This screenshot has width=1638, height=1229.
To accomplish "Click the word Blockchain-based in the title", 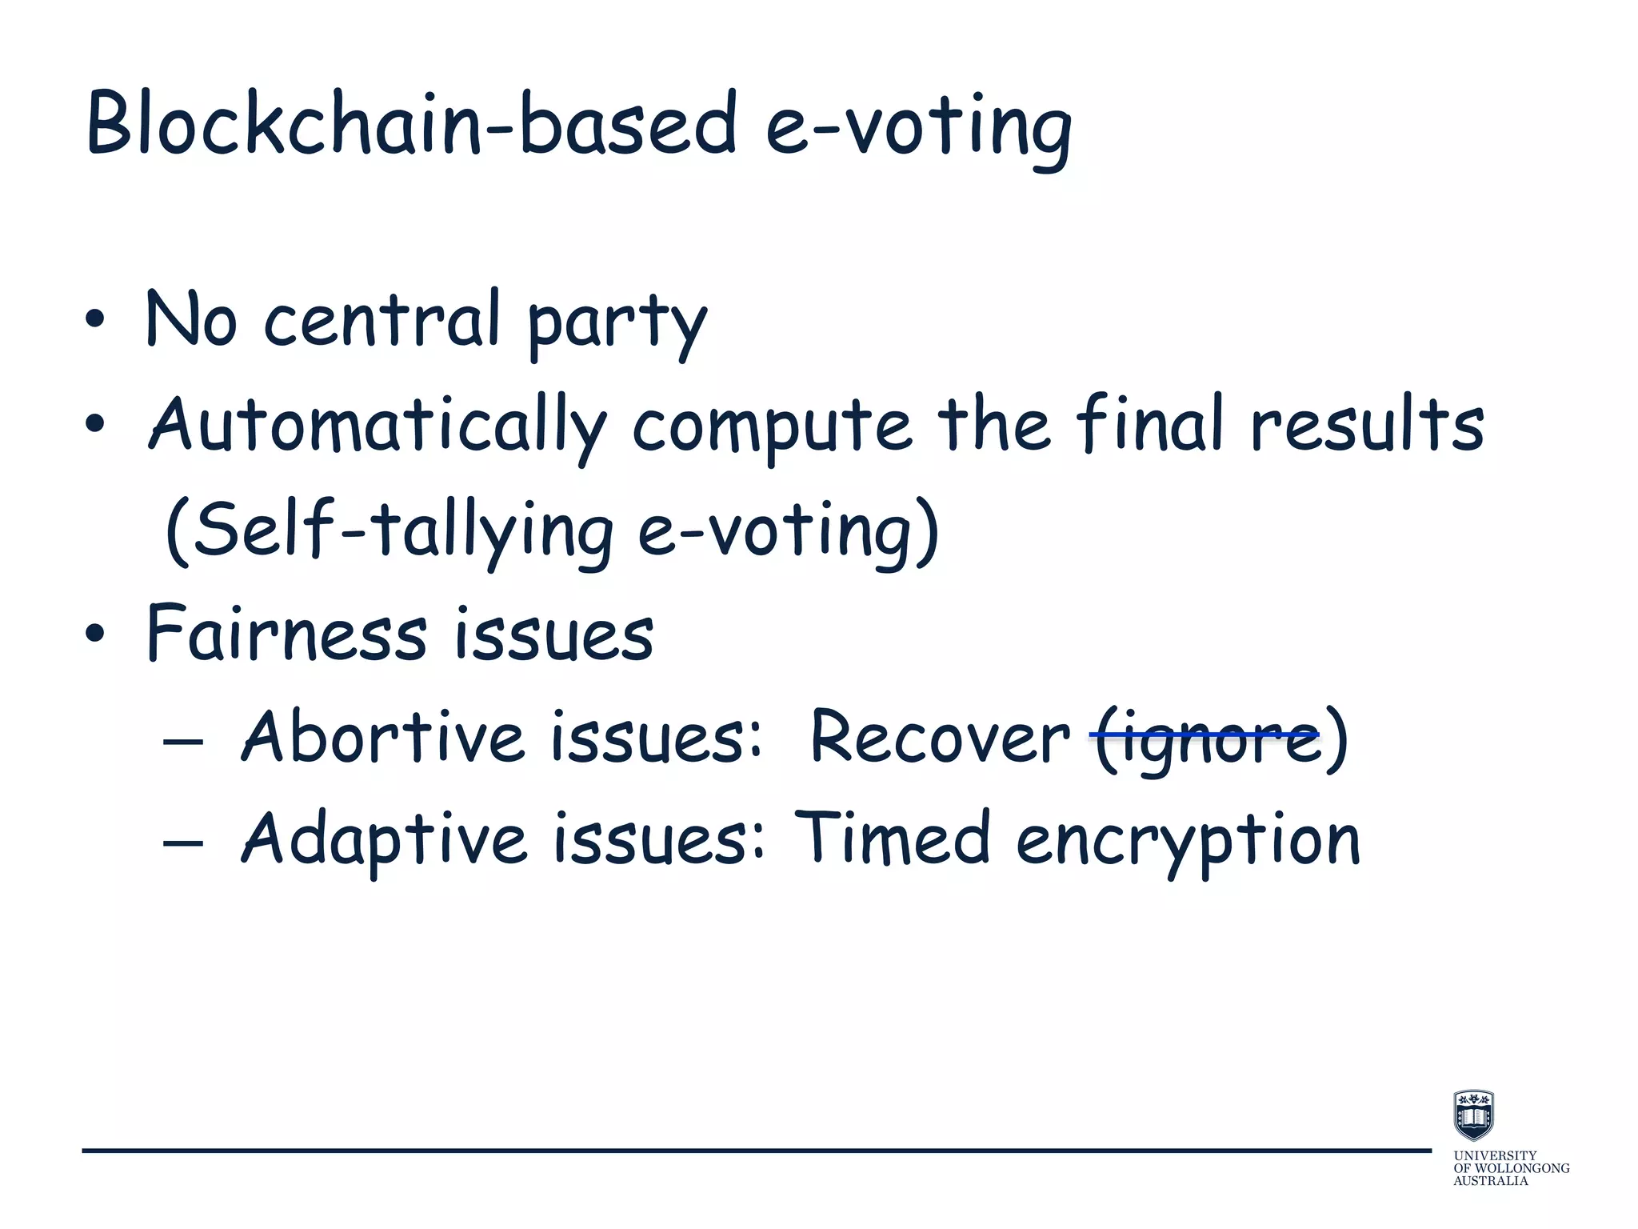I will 411,124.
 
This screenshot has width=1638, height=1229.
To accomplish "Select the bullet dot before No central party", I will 94,320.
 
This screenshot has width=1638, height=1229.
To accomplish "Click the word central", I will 382,320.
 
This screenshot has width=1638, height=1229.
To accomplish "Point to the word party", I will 617,324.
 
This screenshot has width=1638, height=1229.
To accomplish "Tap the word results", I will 1367,424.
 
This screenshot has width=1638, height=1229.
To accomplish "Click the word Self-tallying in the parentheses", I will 391,530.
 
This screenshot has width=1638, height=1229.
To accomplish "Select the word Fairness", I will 287,634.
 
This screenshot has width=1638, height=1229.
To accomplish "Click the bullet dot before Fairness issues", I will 94,634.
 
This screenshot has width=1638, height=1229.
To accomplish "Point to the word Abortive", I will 382,736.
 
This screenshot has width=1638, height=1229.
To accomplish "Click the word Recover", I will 939,736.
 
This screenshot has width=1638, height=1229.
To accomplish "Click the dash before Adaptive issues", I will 182,843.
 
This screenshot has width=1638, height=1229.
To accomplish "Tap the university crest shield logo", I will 1473,1115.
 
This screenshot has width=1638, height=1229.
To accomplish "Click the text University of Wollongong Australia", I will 1510,1168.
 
